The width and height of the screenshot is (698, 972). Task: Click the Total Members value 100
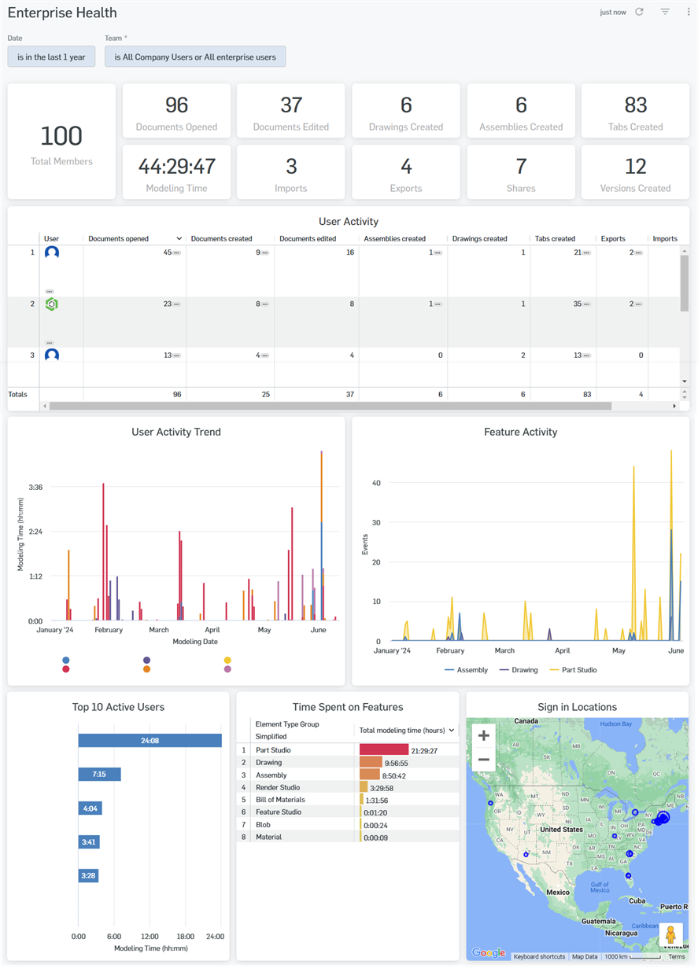pos(61,136)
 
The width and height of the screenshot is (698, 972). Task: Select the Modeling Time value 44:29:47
pos(176,166)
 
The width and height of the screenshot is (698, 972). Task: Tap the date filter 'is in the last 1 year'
pos(51,57)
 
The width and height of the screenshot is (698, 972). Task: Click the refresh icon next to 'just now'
pos(639,12)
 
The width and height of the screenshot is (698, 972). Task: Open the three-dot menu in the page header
pos(689,12)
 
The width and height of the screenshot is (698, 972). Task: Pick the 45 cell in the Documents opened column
pos(167,252)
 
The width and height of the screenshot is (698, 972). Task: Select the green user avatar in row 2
pos(52,304)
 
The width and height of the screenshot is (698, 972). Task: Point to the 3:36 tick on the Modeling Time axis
pos(35,487)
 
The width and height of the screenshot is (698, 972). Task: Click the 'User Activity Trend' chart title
pos(176,432)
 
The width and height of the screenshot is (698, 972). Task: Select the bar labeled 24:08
pos(150,740)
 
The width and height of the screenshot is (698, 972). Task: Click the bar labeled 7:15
pos(99,775)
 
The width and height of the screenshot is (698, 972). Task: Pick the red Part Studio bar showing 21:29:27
pos(384,750)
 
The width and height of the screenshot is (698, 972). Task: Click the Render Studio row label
pos(278,787)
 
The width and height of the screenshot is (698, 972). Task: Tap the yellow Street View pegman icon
pos(670,934)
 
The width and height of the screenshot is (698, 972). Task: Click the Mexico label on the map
pos(558,893)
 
